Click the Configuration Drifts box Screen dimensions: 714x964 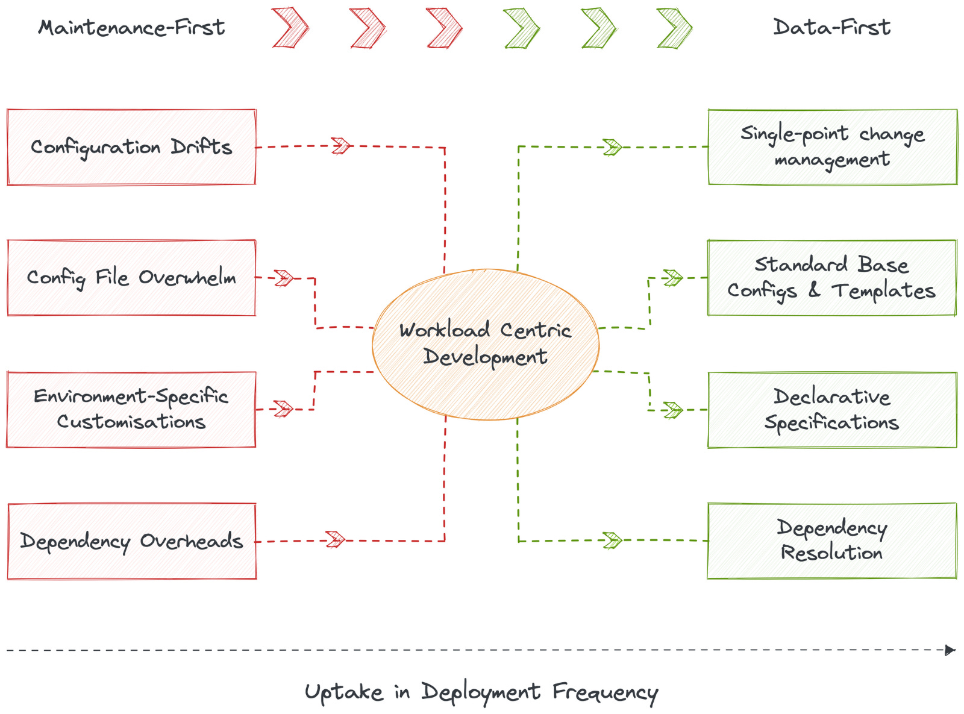[131, 147]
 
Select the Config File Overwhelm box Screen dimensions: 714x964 [131, 278]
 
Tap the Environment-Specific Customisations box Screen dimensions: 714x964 [131, 409]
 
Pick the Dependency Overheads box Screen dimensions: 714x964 [131, 541]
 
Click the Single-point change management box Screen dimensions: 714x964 [832, 147]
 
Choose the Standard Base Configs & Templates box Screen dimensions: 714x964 [831, 278]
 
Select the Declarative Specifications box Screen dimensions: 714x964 [831, 410]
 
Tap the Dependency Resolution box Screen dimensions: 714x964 [831, 540]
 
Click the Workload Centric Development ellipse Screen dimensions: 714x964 [486, 344]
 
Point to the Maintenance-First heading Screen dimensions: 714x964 [131, 28]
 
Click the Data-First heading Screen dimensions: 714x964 [831, 27]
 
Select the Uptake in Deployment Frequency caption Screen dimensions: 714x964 [481, 692]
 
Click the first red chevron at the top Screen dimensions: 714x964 [290, 28]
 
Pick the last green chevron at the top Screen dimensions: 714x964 [674, 28]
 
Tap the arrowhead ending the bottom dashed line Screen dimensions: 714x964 [950, 650]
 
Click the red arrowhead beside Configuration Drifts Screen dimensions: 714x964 [341, 146]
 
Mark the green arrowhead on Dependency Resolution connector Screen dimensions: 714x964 [612, 540]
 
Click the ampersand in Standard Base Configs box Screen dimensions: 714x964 [814, 290]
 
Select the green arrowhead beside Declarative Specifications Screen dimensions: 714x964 [672, 410]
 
